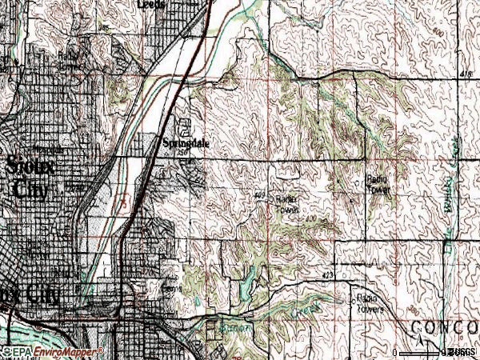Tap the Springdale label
[186, 143]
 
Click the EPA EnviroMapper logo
[52, 351]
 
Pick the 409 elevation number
[259, 194]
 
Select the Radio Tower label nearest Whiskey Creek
[377, 185]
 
